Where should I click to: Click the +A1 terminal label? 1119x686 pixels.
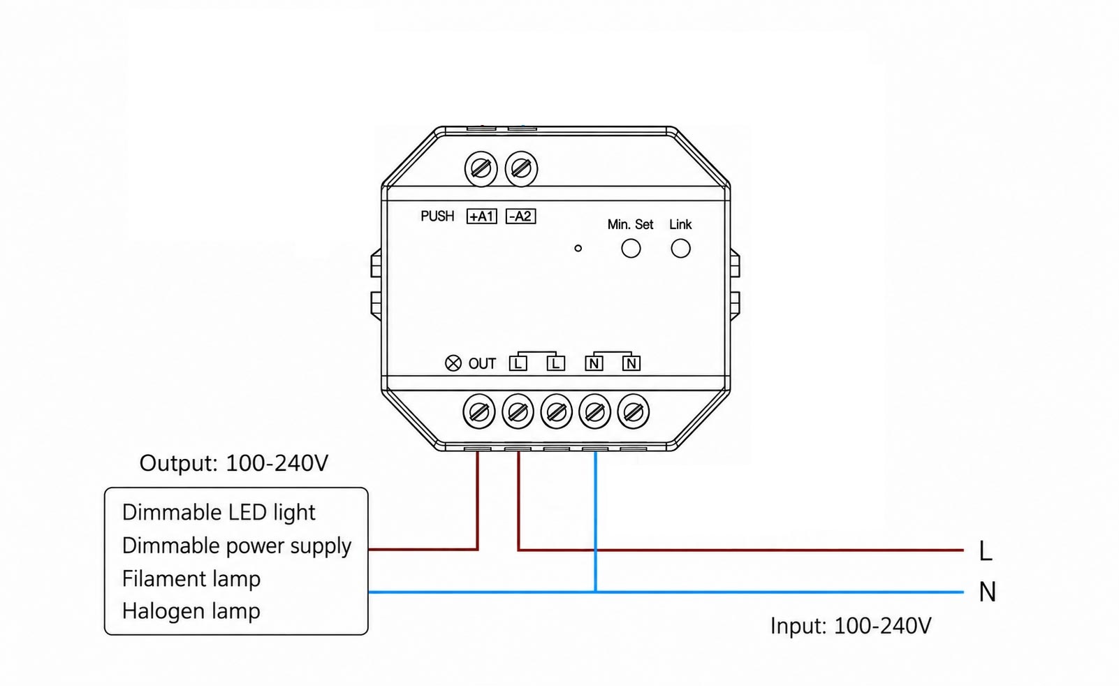(x=481, y=217)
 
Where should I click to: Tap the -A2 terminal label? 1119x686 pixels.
(x=520, y=217)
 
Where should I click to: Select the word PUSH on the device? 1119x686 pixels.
(x=437, y=217)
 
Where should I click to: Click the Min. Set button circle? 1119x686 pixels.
(x=631, y=248)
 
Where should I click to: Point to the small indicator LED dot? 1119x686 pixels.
(x=578, y=248)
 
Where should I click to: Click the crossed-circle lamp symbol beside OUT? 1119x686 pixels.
(x=453, y=363)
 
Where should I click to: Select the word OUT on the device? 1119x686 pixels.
(x=482, y=364)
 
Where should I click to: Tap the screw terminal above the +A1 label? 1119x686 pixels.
(x=481, y=169)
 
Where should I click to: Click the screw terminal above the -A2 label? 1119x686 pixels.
(x=522, y=169)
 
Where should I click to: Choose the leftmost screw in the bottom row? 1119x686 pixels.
(x=479, y=412)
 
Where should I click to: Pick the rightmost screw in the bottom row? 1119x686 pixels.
(x=634, y=412)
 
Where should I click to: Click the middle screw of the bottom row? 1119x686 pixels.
(x=557, y=412)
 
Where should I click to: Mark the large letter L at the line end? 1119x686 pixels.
(x=986, y=551)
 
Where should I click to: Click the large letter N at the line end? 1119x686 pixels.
(x=988, y=592)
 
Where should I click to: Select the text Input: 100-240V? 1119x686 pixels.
(x=851, y=626)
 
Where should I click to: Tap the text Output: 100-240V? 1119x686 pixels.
(x=234, y=463)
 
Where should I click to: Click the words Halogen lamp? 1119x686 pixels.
(x=191, y=611)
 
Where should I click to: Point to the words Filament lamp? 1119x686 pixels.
(x=191, y=578)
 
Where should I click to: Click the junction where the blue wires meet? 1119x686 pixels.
(x=595, y=592)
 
